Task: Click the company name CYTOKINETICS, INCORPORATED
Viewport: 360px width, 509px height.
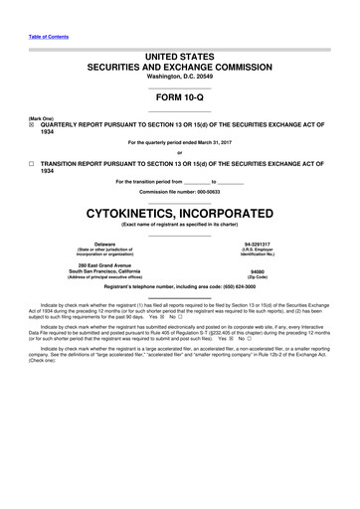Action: pyautogui.click(x=179, y=214)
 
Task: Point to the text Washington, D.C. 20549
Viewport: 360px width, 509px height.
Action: pyautogui.click(x=179, y=76)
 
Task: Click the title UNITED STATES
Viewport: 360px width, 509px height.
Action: pyautogui.click(x=179, y=49)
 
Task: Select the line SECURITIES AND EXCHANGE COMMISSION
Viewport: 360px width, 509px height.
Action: pyautogui.click(x=179, y=63)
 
